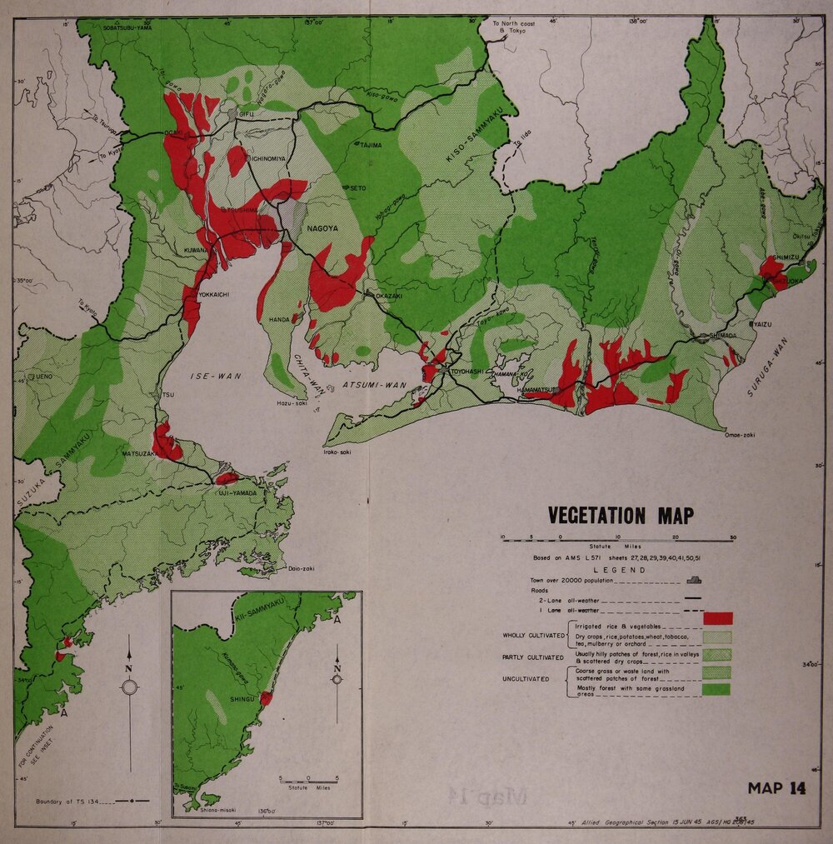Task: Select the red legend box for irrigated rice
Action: tap(717, 618)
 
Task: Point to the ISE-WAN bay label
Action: tap(216, 377)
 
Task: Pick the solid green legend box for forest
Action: tap(717, 690)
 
